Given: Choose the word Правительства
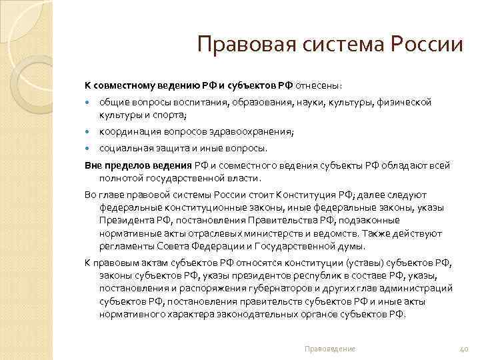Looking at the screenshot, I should [264, 219].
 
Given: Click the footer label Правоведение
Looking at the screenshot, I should [329, 349].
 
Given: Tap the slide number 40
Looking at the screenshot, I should [465, 349].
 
